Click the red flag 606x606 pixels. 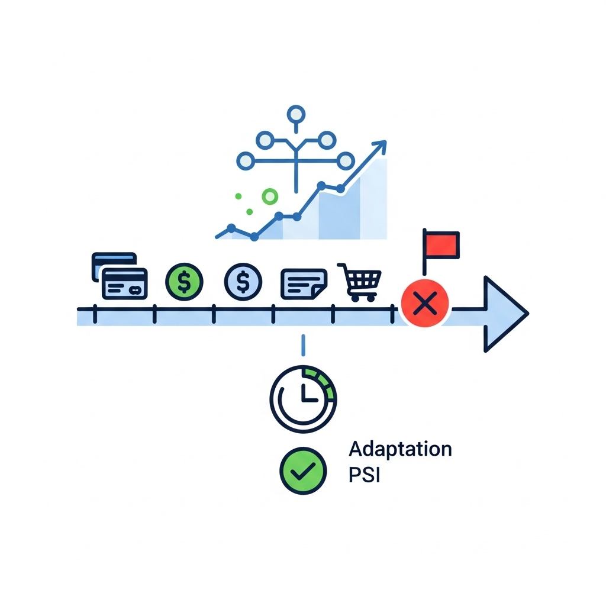coord(441,244)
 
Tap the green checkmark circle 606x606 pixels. coord(302,470)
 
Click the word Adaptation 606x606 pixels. coord(400,449)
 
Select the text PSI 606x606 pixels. coord(363,475)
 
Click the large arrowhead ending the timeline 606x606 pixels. coord(503,314)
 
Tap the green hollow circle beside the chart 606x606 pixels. coord(270,196)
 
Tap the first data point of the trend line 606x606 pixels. coord(231,227)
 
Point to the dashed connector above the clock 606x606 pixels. coord(303,345)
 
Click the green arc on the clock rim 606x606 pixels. coord(325,382)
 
